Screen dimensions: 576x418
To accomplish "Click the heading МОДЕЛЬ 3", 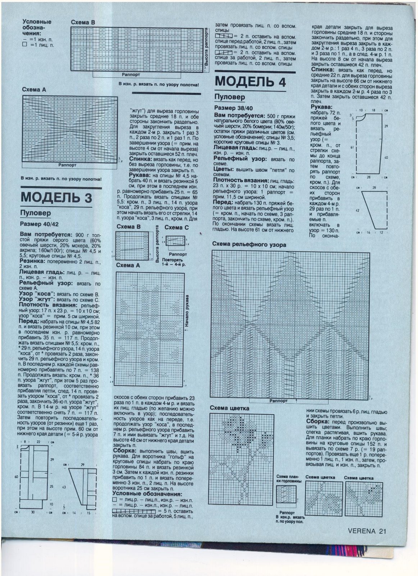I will (x=56, y=197).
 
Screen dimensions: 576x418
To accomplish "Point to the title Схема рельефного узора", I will (x=249, y=245).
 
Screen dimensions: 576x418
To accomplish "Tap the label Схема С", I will (x=176, y=228).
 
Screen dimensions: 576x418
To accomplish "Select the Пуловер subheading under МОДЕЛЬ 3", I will (x=35, y=213).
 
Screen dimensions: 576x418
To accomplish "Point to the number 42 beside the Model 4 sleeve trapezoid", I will (x=358, y=210).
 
